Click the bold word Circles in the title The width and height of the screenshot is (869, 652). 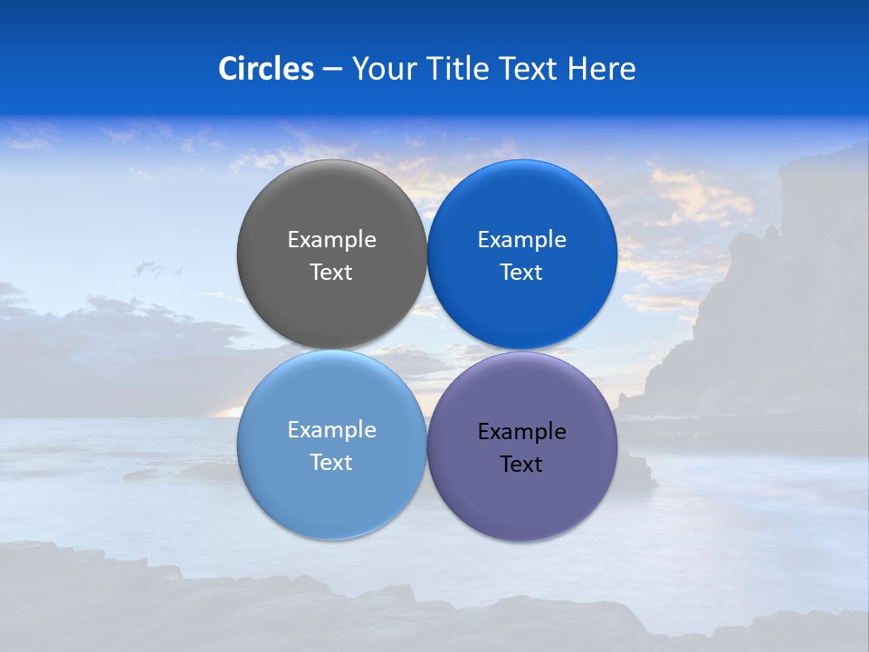tap(266, 69)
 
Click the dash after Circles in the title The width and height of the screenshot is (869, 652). tap(332, 70)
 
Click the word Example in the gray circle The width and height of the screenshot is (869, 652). tap(331, 239)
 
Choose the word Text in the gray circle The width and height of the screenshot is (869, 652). tap(331, 272)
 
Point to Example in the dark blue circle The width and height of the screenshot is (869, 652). tap(522, 239)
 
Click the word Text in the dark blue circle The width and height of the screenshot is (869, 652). tap(522, 272)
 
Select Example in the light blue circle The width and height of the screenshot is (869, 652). tap(331, 429)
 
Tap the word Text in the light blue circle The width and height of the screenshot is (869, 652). tap(331, 462)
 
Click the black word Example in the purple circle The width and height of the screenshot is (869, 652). tap(522, 431)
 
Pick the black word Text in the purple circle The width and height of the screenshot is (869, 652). tap(522, 464)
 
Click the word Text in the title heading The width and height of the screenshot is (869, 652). tap(530, 69)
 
